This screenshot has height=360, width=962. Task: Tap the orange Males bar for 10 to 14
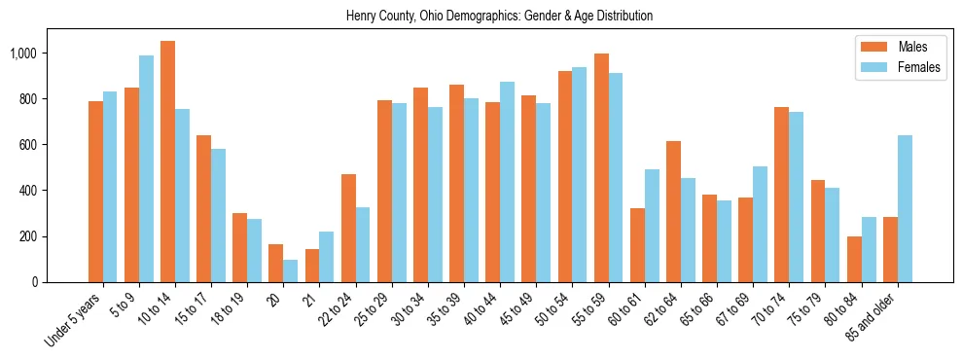point(167,162)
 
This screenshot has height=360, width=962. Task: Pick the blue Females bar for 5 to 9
point(146,168)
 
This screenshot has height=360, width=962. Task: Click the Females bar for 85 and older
point(905,208)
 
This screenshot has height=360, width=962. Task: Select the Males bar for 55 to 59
point(601,167)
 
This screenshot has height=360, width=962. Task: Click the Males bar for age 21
point(312,266)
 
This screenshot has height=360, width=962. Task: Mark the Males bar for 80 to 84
point(854,259)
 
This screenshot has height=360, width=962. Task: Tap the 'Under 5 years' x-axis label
point(74,321)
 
